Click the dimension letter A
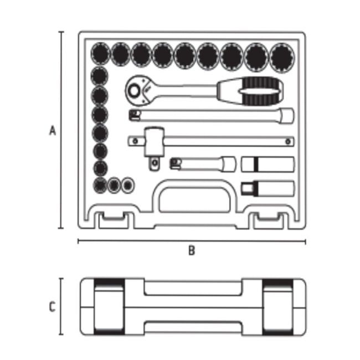[53, 130]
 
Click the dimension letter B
[192, 250]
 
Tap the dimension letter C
[53, 307]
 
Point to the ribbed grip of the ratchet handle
[261, 91]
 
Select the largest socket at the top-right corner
[282, 58]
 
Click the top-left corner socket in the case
[101, 54]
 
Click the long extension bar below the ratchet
[211, 115]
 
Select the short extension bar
[203, 164]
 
